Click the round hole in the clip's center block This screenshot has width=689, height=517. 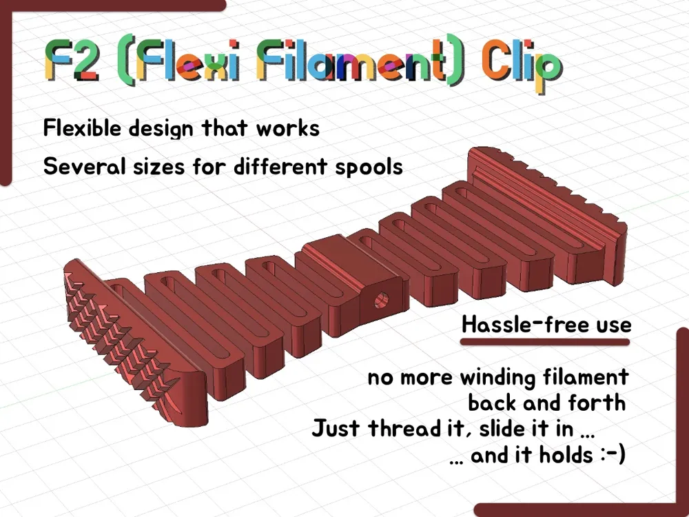tap(381, 301)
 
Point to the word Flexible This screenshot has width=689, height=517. tap(82, 128)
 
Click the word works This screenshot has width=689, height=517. tap(288, 128)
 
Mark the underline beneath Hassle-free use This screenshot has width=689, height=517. tap(545, 342)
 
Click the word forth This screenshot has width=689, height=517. tap(596, 403)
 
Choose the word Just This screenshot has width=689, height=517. tap(336, 428)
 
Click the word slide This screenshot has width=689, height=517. tap(502, 428)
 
